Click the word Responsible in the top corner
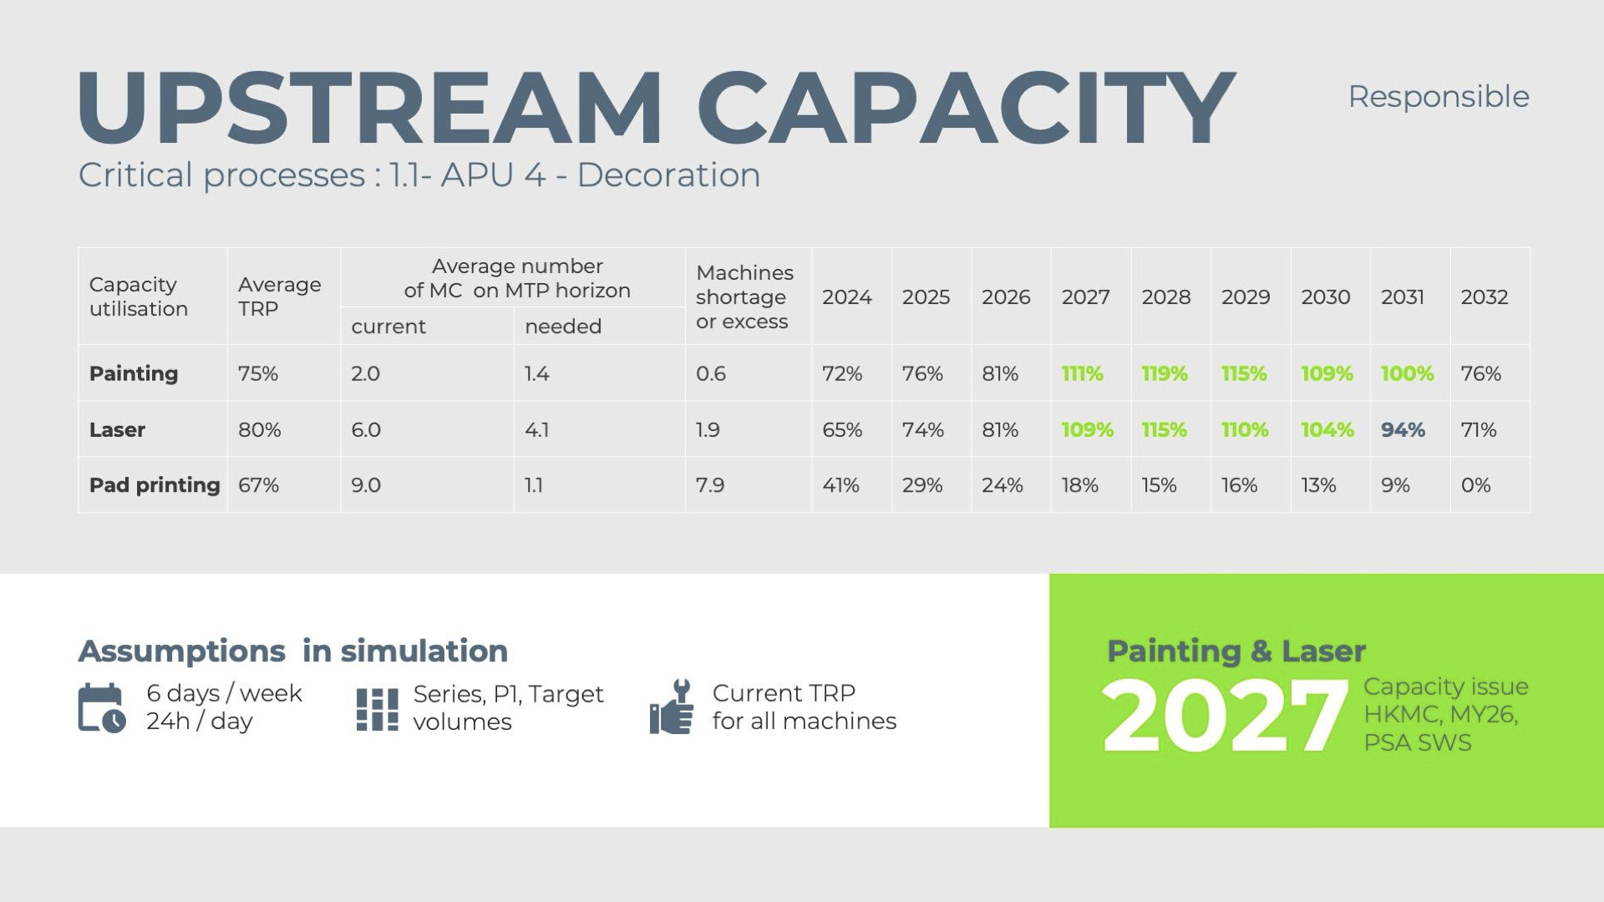(x=1438, y=96)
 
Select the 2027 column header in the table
(x=1085, y=297)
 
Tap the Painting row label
(x=134, y=373)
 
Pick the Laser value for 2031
(x=1403, y=430)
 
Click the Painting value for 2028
(x=1164, y=373)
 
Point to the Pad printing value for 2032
(x=1475, y=485)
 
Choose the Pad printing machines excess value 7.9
(x=710, y=485)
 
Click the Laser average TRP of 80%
(x=259, y=430)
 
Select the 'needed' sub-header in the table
(x=562, y=327)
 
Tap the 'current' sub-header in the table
(x=388, y=327)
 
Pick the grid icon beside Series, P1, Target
(x=377, y=709)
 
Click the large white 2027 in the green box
(x=1225, y=717)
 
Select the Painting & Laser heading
(x=1236, y=651)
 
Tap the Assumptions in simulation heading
(x=292, y=651)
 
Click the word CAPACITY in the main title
(x=966, y=109)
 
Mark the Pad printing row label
(x=155, y=485)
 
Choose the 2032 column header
(x=1484, y=297)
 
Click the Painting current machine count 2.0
(x=365, y=373)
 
